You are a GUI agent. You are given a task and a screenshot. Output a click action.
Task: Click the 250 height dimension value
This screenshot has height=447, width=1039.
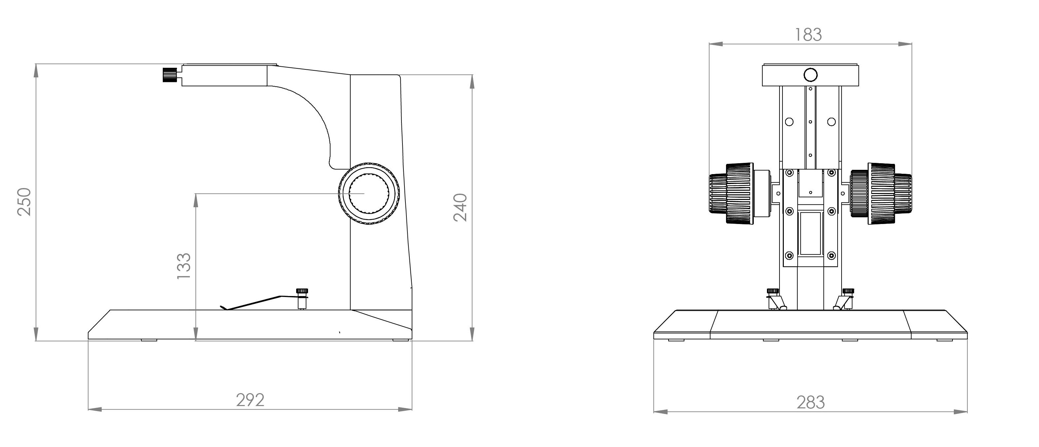pyautogui.click(x=24, y=202)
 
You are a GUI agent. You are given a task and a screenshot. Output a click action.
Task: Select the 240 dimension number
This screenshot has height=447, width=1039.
pyautogui.click(x=460, y=207)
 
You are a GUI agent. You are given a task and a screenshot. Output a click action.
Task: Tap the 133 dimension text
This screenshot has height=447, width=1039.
pyautogui.click(x=184, y=266)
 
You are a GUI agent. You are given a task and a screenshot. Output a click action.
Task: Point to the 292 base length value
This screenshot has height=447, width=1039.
pyautogui.click(x=250, y=400)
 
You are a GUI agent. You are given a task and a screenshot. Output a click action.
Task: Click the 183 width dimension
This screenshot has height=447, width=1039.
pyautogui.click(x=808, y=35)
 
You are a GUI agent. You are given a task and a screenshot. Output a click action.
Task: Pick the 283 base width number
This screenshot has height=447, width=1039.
pyautogui.click(x=811, y=402)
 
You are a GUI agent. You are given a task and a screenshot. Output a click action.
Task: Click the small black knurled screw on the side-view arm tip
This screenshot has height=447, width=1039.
pyautogui.click(x=170, y=75)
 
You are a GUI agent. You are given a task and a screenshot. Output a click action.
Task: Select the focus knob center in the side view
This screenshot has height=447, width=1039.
pyautogui.click(x=369, y=194)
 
